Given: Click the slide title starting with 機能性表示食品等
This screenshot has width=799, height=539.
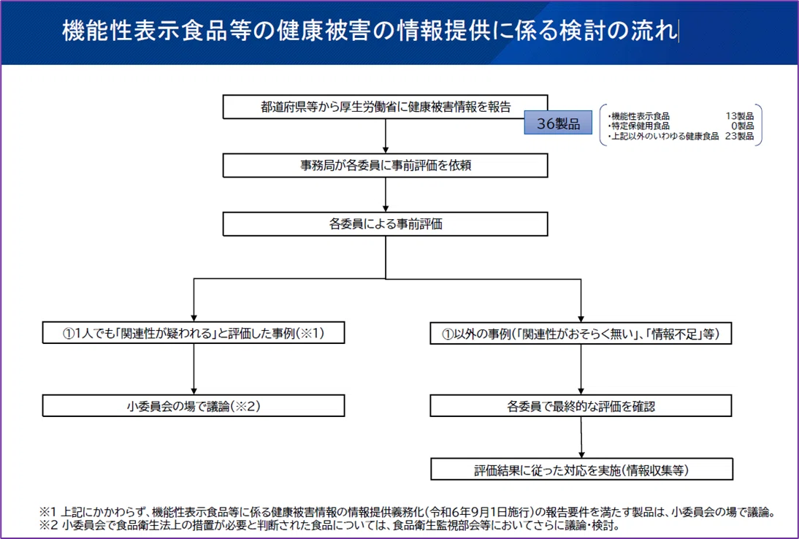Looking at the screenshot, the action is coord(370,31).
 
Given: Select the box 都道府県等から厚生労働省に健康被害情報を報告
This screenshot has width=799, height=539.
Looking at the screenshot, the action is coord(385,107).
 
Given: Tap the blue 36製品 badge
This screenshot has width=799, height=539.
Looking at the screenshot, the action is coord(558,123).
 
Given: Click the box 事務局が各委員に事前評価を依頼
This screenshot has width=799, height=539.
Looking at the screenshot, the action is coord(385,166).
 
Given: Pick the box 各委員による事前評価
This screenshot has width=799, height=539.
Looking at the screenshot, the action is coord(385,224).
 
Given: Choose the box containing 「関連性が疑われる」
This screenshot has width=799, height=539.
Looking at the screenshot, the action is coord(194,333).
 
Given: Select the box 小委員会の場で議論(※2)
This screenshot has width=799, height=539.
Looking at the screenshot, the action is coord(194,406).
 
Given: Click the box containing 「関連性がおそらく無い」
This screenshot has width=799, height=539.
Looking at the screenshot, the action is coord(581,334).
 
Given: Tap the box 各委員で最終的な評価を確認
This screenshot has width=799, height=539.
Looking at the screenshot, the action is coord(581,406).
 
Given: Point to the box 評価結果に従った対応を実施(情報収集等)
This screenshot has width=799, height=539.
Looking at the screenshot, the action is coord(582,469).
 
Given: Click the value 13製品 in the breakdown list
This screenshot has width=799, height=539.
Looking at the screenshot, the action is coord(739,116).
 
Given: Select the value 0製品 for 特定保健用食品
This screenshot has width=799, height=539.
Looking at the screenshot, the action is coord(743,126).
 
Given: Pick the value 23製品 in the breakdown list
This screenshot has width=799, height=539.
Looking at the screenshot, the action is coord(739,136).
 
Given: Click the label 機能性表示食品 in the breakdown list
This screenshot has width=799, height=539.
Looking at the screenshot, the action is coord(640,116).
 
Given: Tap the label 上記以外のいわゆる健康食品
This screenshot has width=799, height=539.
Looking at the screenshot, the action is coord(665,136).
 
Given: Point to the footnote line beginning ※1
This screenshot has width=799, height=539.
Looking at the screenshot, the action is coord(407,511).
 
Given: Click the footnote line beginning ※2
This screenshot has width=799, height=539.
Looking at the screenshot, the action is coord(329,525).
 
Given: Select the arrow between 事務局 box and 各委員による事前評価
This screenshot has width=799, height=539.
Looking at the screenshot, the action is coord(386,194).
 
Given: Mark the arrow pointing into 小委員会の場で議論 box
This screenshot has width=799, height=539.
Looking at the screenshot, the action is coord(194,369).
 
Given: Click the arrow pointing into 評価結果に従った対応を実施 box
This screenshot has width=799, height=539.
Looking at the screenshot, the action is coord(581,437).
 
